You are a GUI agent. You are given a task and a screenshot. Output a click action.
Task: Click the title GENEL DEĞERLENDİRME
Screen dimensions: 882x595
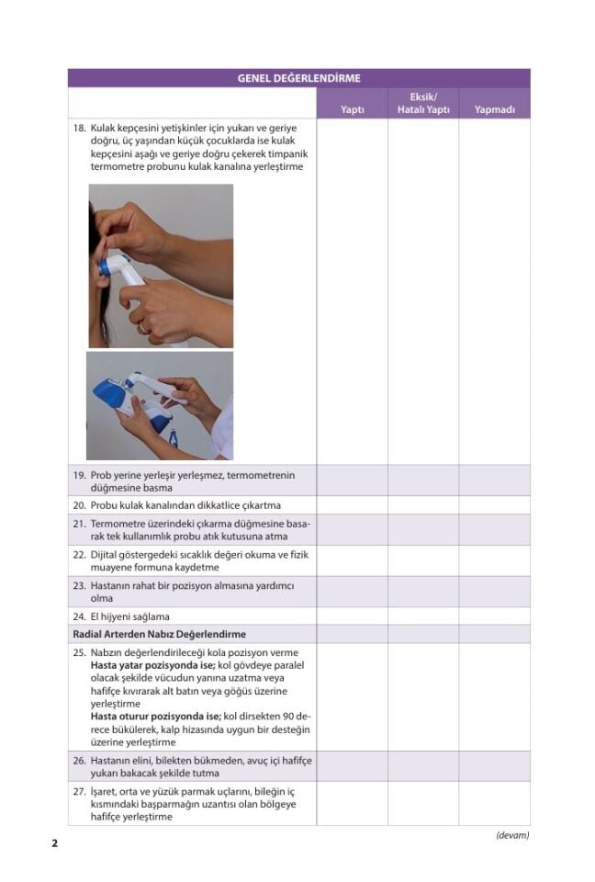point(298,78)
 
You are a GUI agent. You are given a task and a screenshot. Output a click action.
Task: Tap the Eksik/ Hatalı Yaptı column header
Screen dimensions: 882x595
point(423,103)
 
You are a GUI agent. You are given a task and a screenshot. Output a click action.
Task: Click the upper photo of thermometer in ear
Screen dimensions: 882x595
point(161,266)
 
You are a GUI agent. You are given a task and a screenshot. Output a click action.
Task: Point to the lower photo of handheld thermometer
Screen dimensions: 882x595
point(160,405)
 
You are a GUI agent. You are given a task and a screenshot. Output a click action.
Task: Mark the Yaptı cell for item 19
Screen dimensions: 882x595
point(352,481)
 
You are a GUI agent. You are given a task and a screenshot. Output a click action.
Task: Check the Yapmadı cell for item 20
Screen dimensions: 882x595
point(494,505)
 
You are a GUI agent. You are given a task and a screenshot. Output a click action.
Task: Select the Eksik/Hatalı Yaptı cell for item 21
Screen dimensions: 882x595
point(423,530)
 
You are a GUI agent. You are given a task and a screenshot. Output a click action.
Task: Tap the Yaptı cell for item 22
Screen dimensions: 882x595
point(352,560)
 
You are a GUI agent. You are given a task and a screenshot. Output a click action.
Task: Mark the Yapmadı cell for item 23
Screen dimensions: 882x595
point(494,591)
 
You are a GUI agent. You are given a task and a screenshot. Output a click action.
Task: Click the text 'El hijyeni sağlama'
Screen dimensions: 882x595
point(129,616)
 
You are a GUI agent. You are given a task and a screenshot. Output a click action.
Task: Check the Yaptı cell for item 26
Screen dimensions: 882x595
point(352,766)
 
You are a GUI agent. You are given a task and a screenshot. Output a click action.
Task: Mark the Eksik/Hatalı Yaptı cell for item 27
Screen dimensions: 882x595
point(423,803)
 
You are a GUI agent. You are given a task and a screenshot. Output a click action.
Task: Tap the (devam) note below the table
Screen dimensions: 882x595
point(511,835)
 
